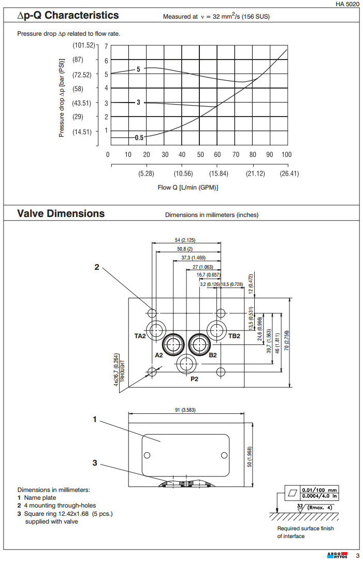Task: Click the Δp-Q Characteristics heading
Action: [68, 16]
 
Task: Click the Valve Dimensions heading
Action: [61, 213]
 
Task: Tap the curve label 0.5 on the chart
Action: [139, 138]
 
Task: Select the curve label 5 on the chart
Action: [138, 69]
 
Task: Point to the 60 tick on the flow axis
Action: [217, 154]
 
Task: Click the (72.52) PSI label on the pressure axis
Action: [82, 75]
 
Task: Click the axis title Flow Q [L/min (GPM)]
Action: [188, 187]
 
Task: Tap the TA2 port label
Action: [140, 336]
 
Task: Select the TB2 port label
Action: [234, 336]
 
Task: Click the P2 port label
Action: [195, 379]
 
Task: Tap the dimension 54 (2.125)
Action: [185, 240]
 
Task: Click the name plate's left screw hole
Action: [147, 455]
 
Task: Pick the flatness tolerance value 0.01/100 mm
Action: [319, 489]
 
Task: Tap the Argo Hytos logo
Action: [337, 556]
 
